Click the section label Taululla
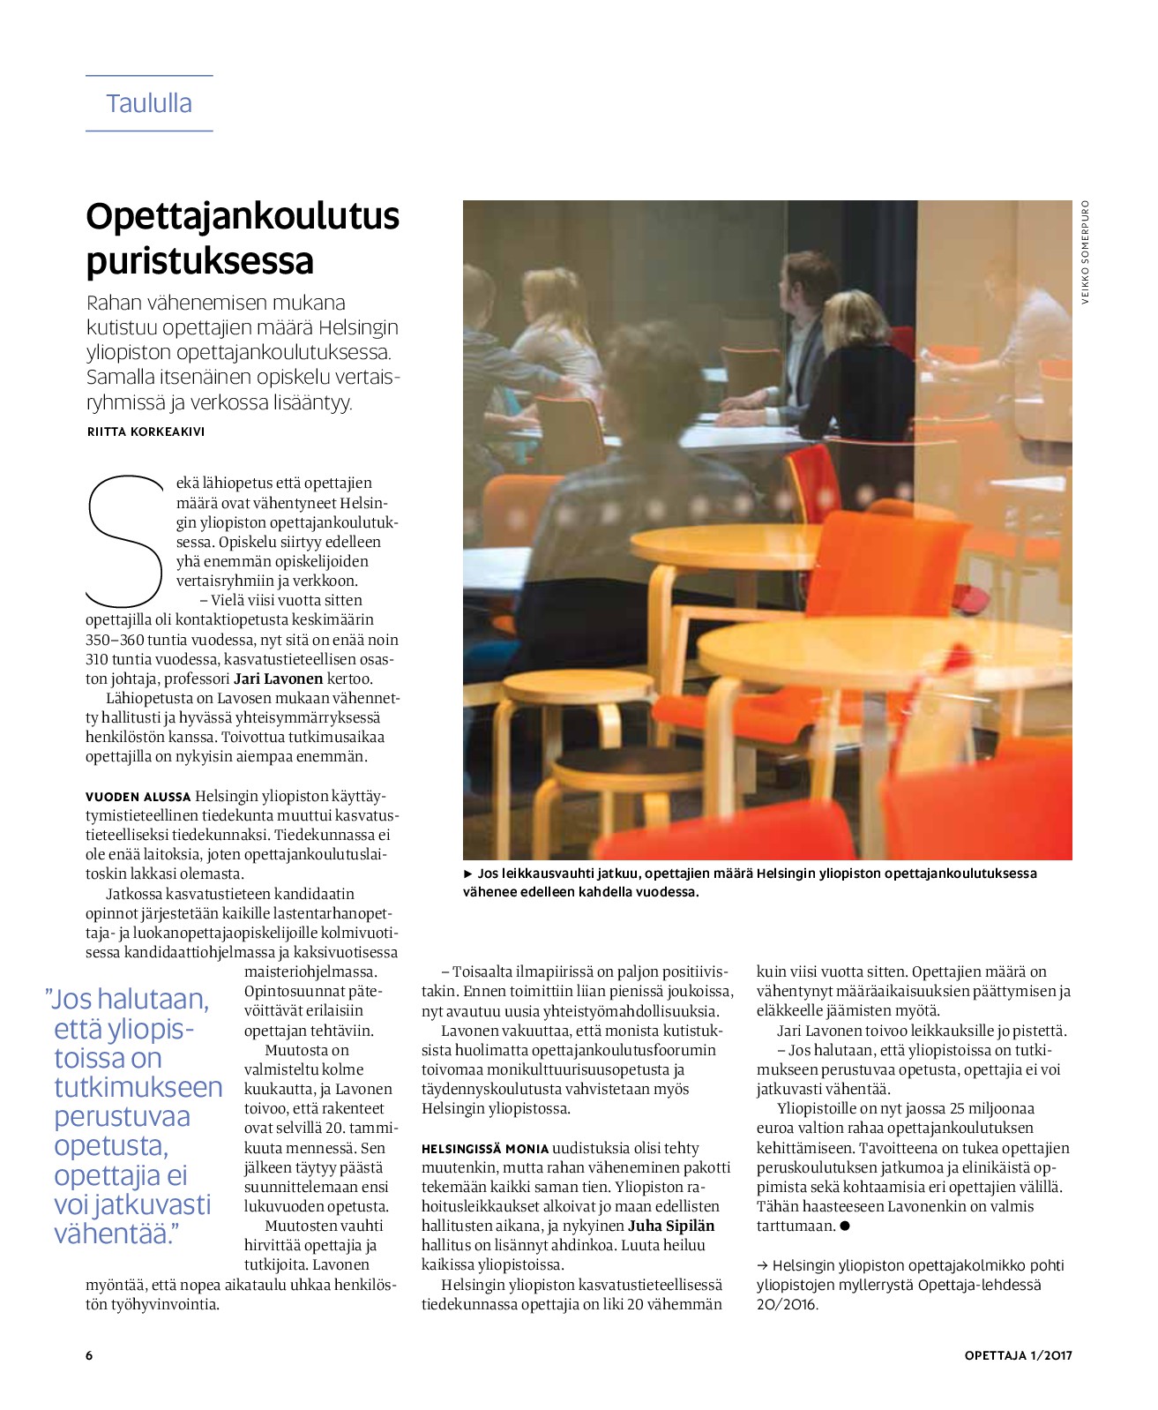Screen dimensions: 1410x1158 [149, 103]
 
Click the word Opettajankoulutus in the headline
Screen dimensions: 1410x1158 [243, 216]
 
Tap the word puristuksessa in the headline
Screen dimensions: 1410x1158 [199, 261]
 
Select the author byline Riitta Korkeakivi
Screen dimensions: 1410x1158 [146, 431]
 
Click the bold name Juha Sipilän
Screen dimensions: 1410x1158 [671, 1226]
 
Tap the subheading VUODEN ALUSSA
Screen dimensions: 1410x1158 [138, 797]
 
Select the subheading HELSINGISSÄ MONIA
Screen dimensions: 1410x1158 [484, 1149]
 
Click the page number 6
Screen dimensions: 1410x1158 [89, 1355]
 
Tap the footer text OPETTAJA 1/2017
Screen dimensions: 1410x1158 [1018, 1355]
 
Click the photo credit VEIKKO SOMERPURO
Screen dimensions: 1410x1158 [1086, 252]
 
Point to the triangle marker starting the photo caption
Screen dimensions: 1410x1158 [468, 874]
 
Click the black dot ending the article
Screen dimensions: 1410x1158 [845, 1226]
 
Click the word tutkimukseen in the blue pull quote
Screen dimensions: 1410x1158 [138, 1087]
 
